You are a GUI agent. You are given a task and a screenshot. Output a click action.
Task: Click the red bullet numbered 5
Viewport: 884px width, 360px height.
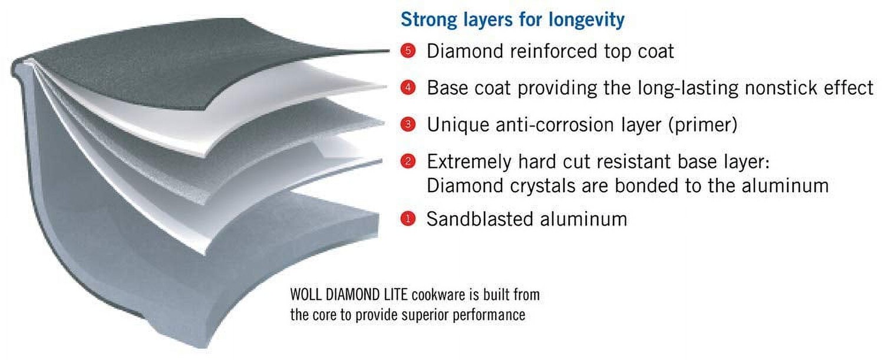408,51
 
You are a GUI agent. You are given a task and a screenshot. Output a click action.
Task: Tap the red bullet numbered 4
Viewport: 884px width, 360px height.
408,87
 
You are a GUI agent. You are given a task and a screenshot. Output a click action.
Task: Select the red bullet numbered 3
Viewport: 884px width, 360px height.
408,124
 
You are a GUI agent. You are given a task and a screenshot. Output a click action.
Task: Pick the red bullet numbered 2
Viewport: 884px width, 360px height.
408,161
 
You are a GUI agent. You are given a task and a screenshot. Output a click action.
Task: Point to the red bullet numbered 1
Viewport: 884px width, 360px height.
408,219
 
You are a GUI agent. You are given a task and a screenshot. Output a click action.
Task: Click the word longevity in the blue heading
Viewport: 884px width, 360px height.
586,20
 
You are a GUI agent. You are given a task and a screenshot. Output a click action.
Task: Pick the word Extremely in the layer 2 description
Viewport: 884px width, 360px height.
469,162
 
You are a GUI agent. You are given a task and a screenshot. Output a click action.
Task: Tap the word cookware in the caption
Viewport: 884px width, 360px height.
439,295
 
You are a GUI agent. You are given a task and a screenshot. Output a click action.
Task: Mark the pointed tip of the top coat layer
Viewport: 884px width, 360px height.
389,51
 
